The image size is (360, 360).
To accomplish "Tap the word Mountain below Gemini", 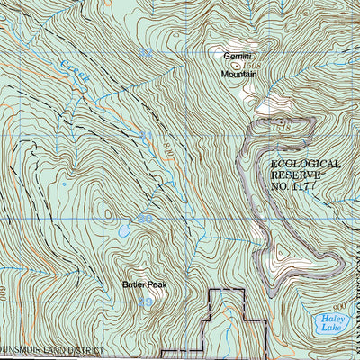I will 237,76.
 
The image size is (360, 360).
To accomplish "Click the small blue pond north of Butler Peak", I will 124,231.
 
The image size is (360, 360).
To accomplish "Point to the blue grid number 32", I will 145,54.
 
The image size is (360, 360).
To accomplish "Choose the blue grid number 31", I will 146,136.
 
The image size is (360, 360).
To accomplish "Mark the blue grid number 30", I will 145,219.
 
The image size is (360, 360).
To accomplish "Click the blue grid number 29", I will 146,302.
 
